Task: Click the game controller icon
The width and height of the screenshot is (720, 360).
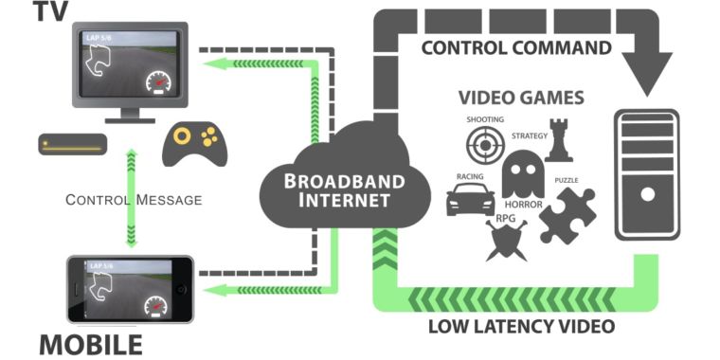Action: pos(195,144)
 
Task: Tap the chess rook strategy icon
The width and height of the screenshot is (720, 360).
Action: pos(559,140)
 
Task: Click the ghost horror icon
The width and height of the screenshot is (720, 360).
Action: pos(523,174)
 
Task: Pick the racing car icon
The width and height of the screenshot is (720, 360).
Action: pos(471,199)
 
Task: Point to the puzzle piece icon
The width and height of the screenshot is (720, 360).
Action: pos(567,215)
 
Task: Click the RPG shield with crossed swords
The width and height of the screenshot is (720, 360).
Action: pos(507,240)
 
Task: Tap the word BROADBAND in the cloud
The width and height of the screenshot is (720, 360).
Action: pos(345,181)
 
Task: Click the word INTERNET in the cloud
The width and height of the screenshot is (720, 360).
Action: pos(345,201)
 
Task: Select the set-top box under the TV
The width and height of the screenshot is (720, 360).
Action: pos(73,144)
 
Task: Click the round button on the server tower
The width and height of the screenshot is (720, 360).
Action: pos(647,195)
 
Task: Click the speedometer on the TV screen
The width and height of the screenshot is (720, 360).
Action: pos(158,82)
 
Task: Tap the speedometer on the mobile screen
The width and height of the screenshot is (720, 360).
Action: pos(156,307)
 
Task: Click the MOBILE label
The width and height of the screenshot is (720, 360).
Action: pos(91,345)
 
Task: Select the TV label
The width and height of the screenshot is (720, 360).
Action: pos(51,11)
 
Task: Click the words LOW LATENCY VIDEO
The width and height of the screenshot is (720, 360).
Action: pos(521,327)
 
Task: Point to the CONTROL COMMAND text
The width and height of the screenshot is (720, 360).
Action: pos(516,47)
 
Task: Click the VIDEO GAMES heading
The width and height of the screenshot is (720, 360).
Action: pos(522,98)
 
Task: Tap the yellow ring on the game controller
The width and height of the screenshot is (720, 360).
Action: pos(182,135)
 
